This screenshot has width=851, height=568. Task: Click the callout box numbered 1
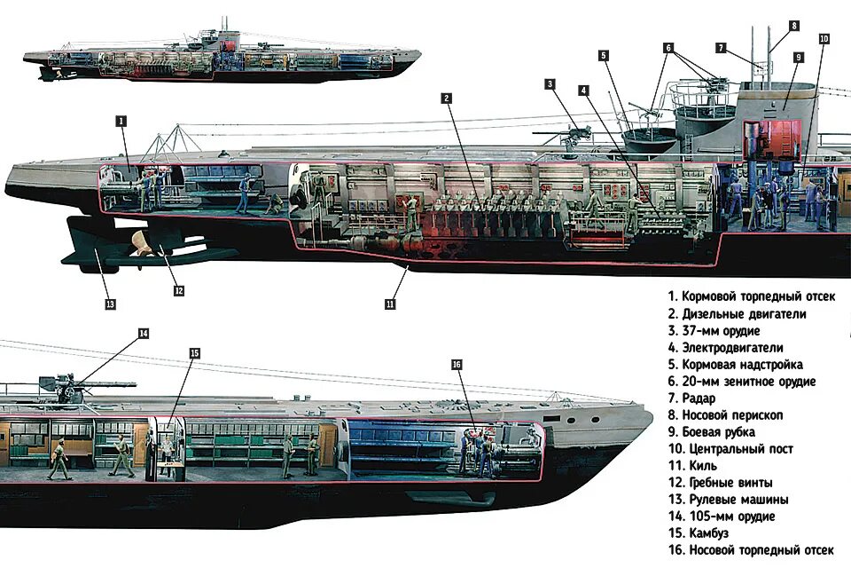[x=121, y=121]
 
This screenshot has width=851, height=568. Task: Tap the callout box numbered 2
[x=448, y=98]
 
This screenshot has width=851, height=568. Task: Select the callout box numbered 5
[x=603, y=55]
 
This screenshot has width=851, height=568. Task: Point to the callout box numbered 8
[x=794, y=26]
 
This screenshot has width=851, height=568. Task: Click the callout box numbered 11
[x=390, y=304]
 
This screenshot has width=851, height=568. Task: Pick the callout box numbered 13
[x=110, y=304]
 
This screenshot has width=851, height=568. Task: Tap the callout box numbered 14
[x=144, y=334]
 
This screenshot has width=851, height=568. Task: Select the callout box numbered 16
[x=457, y=365]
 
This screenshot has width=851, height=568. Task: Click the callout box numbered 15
[x=194, y=353]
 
